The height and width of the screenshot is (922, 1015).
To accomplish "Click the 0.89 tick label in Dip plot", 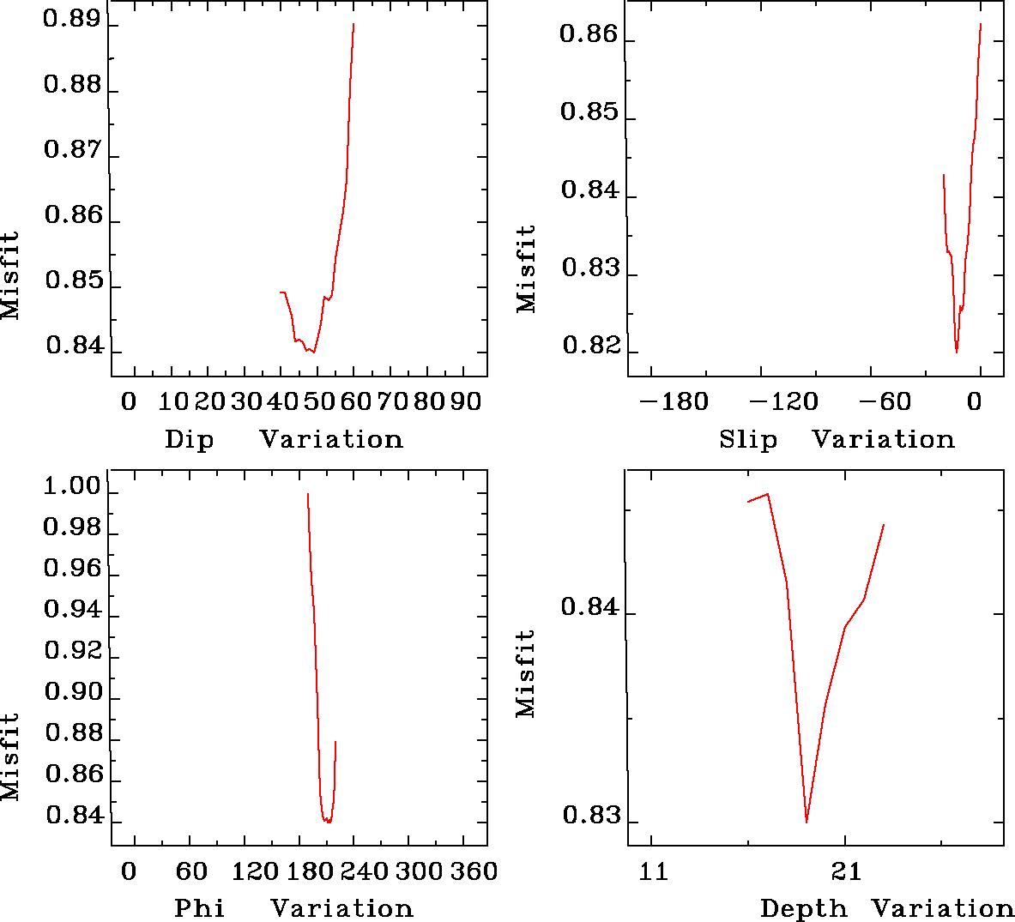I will click(73, 21).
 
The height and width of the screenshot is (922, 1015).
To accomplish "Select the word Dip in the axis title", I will click(189, 439).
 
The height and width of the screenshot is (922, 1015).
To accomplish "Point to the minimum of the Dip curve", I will click(314, 353).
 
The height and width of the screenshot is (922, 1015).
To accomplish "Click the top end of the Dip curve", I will click(353, 24).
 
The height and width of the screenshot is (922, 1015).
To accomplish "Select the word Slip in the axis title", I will click(748, 439).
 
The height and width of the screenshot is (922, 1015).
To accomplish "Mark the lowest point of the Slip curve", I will click(957, 352).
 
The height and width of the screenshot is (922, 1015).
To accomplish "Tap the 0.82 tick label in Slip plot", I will click(589, 347).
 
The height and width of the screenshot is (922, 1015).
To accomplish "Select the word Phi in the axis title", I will click(200, 907).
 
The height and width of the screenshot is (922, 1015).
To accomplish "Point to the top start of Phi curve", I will click(307, 493).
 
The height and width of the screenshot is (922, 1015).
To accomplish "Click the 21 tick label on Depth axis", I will click(845, 871).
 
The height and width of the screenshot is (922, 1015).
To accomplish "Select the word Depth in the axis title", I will click(803, 907).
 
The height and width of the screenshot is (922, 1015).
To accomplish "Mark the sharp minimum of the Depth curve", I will click(807, 822).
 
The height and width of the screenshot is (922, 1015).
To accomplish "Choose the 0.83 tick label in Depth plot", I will click(589, 815).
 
